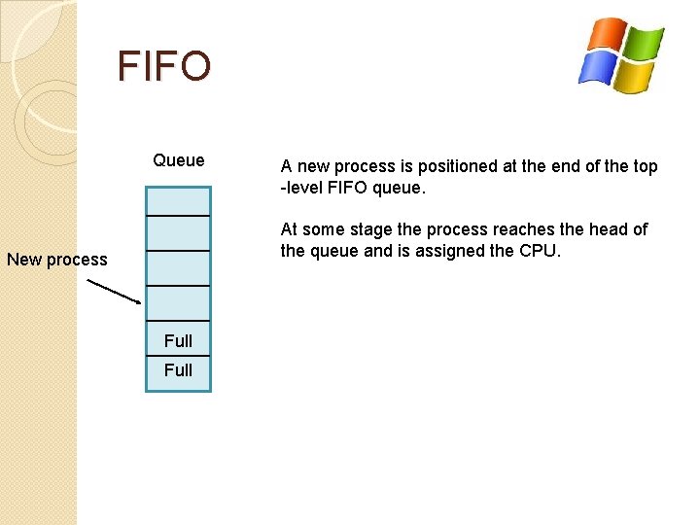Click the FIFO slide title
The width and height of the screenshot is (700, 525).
tap(163, 66)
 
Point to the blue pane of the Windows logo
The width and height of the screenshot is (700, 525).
tap(595, 67)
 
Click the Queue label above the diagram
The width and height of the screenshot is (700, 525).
tap(179, 160)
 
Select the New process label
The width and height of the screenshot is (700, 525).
tap(57, 260)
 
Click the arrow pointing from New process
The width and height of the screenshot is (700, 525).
tap(114, 292)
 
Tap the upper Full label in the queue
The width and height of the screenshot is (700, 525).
tap(178, 340)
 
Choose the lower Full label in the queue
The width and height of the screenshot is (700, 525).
tap(178, 369)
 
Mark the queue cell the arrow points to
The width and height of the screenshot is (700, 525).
tap(178, 302)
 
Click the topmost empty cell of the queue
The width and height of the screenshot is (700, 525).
tap(178, 199)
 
